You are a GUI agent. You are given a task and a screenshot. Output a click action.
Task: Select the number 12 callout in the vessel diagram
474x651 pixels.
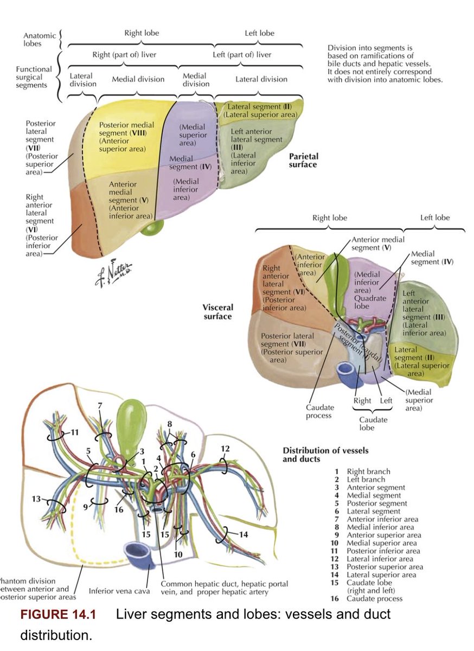[225, 449]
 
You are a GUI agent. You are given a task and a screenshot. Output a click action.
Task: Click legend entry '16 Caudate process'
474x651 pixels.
[369, 598]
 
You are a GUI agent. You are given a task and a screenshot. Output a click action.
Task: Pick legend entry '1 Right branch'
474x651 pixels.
[363, 471]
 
